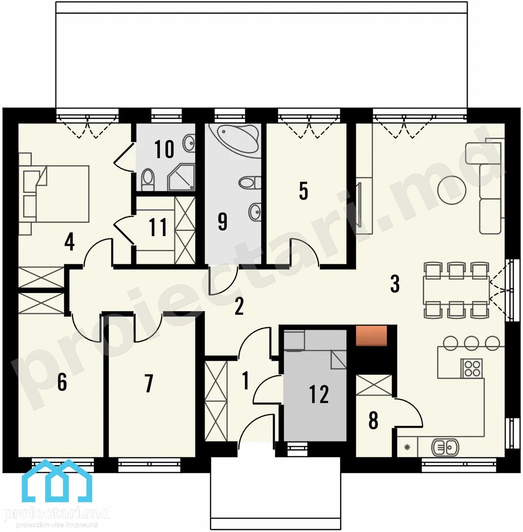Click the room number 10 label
[x=164, y=149]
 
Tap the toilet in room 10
[x=148, y=180]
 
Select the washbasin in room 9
[x=254, y=212]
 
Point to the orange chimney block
[x=371, y=335]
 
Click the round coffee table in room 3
[x=452, y=190]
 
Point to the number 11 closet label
[x=158, y=227]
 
